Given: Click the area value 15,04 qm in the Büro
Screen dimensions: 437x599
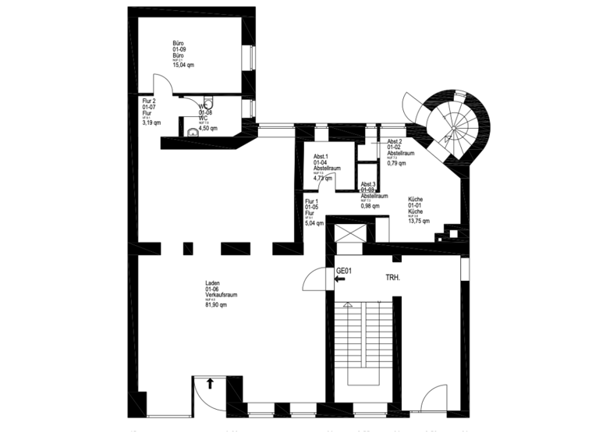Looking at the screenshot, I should coord(183,66).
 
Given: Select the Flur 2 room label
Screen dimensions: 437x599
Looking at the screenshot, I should coord(150,101).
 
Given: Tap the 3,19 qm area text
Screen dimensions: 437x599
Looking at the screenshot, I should coord(151,123).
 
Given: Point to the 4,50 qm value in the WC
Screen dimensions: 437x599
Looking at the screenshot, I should coord(207,129).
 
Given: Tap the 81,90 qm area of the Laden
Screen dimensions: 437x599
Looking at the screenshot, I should coord(216,305).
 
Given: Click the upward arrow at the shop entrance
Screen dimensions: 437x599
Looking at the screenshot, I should coord(211,382).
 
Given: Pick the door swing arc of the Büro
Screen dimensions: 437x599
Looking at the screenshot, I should coord(159,85).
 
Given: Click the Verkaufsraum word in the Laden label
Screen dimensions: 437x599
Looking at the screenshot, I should coord(221,295).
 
